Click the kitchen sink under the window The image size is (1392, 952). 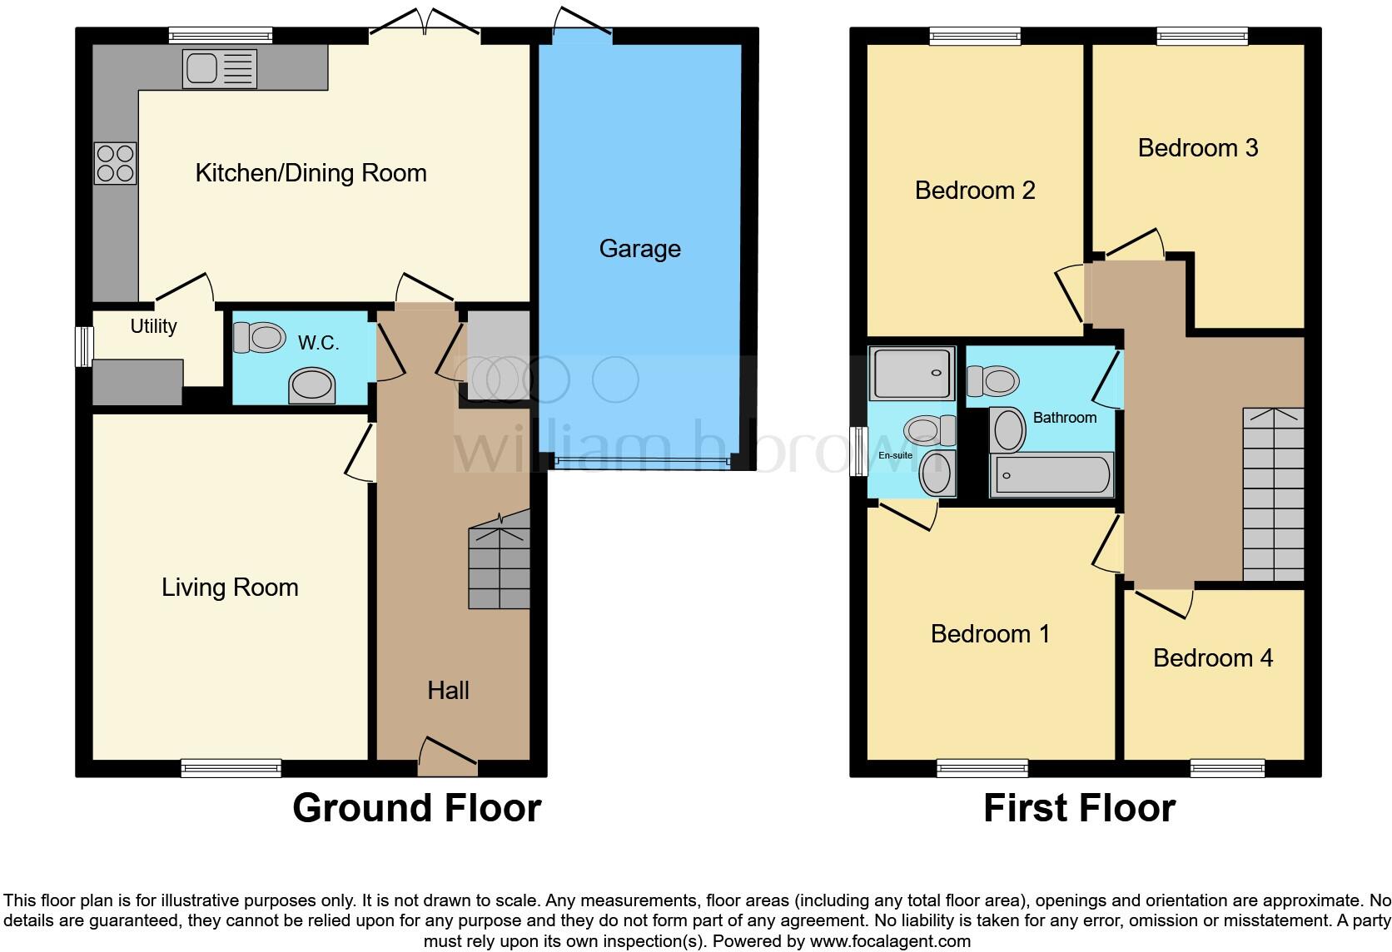[x=219, y=69]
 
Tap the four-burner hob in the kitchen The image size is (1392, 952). [x=115, y=163]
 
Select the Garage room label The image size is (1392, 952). [x=639, y=249]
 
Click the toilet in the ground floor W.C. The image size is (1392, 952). [x=259, y=338]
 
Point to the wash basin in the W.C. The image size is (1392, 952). [x=311, y=386]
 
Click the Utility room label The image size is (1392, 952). [x=153, y=326]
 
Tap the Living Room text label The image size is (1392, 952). [x=230, y=588]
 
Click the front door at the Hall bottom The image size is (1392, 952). [x=448, y=758]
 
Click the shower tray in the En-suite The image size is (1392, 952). [x=912, y=373]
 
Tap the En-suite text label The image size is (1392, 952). [x=895, y=455]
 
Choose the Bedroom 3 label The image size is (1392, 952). [x=1197, y=148]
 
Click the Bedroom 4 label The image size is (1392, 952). [x=1212, y=658]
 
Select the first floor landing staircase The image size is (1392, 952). [x=1273, y=494]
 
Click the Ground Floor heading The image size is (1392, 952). [x=416, y=808]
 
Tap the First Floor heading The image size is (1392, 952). [x=1079, y=808]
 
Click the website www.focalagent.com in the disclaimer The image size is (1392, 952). [x=890, y=941]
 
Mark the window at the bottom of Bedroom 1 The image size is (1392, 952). [x=982, y=768]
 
